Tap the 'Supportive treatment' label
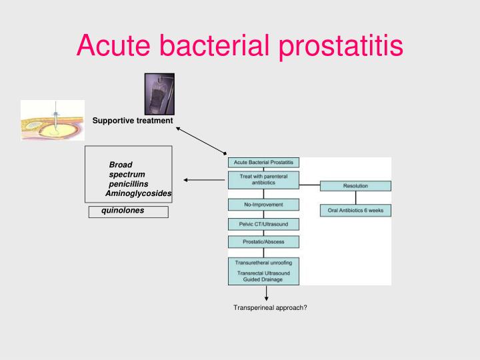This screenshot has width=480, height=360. coord(133,121)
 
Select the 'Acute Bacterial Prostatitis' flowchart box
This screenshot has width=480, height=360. coord(263,163)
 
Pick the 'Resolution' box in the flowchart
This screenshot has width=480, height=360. coord(355,185)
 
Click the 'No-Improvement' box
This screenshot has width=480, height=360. coord(263,204)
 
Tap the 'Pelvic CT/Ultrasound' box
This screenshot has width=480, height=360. coord(263,224)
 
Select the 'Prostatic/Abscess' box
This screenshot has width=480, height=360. coord(263,241)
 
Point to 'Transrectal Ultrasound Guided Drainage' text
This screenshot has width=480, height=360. coord(263,276)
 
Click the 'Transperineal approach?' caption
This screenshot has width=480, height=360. coord(270,307)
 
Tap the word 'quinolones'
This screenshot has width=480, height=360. coord(123,211)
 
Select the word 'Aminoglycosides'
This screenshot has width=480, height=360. coord(139,193)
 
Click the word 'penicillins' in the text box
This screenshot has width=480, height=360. coord(129,183)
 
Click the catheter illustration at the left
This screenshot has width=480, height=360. coord(53,120)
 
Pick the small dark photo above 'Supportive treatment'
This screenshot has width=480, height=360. coord(159,93)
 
